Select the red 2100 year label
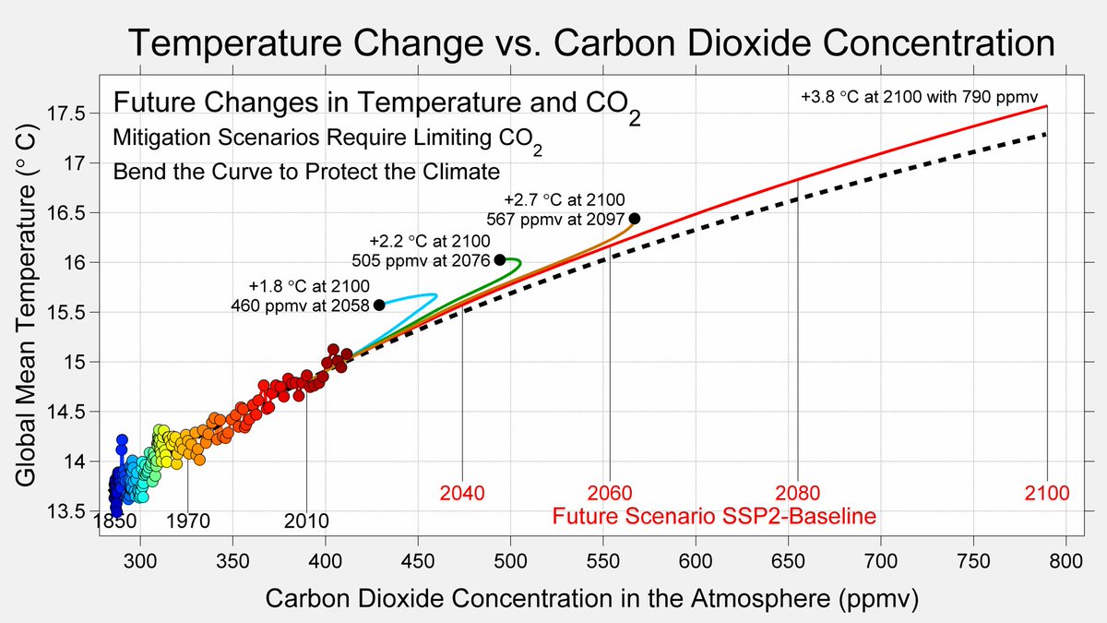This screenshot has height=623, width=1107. click(x=1047, y=493)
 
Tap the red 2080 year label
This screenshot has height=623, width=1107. click(x=798, y=493)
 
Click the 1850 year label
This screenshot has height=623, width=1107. click(x=116, y=521)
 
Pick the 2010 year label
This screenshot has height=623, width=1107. click(x=306, y=521)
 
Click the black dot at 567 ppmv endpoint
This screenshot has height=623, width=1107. click(x=635, y=219)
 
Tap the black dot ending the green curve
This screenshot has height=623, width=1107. click(x=500, y=259)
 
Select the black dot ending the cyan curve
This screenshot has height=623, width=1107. click(x=379, y=305)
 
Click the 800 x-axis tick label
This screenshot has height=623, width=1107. click(x=1065, y=561)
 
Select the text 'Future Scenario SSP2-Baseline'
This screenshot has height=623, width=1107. click(x=713, y=516)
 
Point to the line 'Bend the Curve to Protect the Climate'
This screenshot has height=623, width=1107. click(x=306, y=172)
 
